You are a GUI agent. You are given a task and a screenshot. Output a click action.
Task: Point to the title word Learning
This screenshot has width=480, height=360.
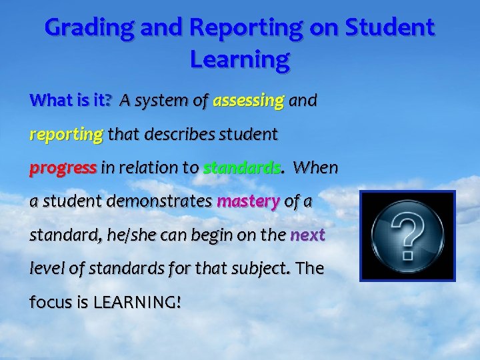coord(239,60)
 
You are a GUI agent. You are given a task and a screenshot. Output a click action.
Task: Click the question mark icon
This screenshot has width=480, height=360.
coord(407,235)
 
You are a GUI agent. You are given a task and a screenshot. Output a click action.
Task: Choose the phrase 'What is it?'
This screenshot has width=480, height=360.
coord(71,101)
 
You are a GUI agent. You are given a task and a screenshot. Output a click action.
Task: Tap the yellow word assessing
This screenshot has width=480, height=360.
coord(248,101)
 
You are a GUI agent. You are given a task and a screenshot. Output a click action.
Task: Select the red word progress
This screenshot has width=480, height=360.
coord(63,168)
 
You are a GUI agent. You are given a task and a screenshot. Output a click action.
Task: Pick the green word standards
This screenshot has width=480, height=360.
coord(241,168)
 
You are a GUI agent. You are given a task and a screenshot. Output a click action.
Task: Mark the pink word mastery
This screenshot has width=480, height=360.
coord(247,201)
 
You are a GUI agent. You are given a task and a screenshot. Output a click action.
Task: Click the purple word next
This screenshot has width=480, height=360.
coord(307,235)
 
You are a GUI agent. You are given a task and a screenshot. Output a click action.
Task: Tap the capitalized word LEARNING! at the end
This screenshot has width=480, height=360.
coord(137,301)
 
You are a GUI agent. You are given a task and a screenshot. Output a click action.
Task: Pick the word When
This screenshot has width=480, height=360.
coord(315,168)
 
